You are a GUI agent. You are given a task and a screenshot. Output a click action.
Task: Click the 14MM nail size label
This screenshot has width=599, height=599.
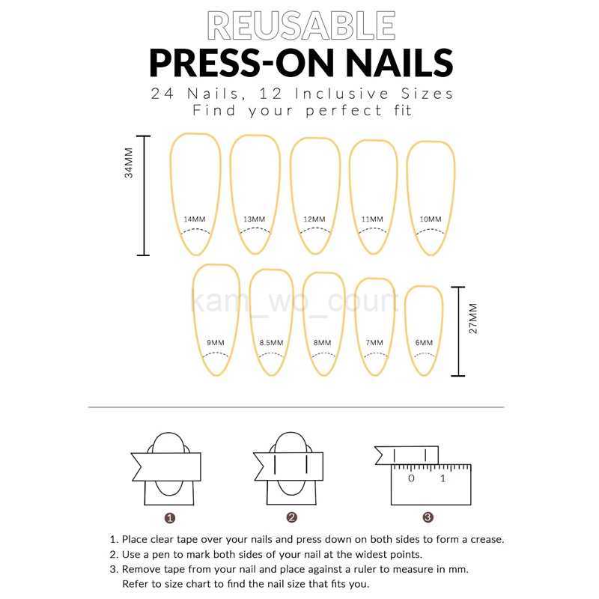(x=195, y=219)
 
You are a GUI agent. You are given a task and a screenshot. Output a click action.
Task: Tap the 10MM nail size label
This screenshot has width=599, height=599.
(x=431, y=219)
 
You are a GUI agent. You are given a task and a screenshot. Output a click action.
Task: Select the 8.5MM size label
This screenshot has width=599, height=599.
(x=272, y=343)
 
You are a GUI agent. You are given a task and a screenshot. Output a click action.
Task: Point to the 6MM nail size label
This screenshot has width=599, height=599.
(x=424, y=343)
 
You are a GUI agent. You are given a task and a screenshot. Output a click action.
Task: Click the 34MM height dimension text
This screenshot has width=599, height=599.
(x=129, y=162)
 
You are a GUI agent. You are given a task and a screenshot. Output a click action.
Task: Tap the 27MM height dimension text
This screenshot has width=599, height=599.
(x=473, y=319)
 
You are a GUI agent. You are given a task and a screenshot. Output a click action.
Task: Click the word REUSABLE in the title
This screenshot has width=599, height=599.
(x=302, y=25)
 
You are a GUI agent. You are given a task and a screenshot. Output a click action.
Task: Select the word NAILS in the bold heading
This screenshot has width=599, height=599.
(x=399, y=63)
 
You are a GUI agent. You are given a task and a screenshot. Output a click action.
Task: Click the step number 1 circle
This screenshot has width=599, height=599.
(x=170, y=518)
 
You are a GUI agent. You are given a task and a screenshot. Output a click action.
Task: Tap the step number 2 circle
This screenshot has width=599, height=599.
(x=291, y=517)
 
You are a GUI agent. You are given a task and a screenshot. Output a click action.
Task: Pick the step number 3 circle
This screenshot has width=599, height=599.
(x=428, y=517)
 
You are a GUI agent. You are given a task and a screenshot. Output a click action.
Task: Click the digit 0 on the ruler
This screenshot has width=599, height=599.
(x=411, y=478)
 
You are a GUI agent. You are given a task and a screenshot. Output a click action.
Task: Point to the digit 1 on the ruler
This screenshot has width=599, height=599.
(x=443, y=478)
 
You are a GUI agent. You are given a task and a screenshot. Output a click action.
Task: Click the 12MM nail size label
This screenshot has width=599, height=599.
(x=314, y=219)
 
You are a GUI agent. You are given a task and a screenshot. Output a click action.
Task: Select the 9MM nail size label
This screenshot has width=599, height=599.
(x=216, y=343)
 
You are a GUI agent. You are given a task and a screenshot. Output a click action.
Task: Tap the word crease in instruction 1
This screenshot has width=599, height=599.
(x=487, y=539)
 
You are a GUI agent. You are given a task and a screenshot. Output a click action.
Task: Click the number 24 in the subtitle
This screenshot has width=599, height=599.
(x=162, y=94)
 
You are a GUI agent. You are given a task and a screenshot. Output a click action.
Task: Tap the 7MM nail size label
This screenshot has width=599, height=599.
(x=374, y=343)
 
